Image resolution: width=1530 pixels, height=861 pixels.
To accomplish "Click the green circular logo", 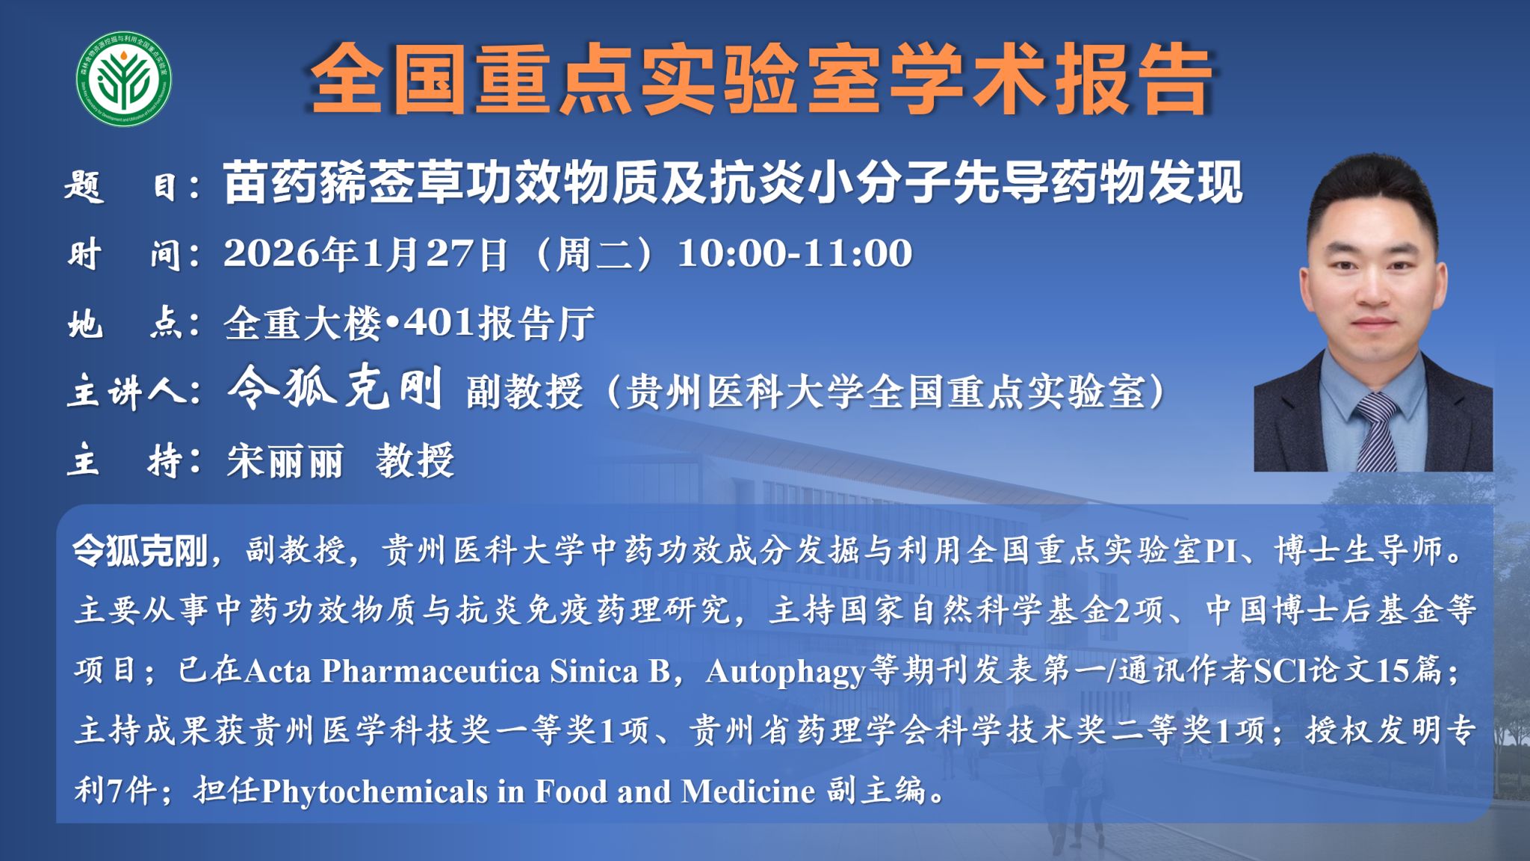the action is click(125, 78).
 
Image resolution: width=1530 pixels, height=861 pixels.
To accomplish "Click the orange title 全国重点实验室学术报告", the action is click(761, 79).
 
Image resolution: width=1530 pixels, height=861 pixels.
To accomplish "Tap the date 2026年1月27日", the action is click(366, 254).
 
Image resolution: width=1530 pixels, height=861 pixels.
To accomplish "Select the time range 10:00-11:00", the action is click(795, 253).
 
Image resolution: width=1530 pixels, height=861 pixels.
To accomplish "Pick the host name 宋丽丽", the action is click(285, 460).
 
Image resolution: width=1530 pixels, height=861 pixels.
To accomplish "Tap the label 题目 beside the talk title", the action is click(131, 185).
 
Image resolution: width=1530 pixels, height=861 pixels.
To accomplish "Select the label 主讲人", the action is click(134, 392).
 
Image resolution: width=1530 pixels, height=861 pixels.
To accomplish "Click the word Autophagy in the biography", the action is click(786, 672).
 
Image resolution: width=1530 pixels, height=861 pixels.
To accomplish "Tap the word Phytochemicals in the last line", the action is click(374, 791).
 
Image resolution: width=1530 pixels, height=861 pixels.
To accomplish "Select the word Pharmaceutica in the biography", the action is click(431, 671).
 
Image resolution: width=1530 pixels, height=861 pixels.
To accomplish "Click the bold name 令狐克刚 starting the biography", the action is click(140, 552).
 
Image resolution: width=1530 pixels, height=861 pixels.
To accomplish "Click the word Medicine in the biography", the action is click(748, 791).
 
